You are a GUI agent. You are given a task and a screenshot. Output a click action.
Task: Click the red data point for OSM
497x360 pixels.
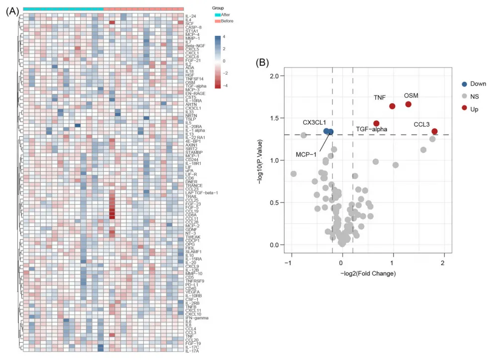click(409, 104)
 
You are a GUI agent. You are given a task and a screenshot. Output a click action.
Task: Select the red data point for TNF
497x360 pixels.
click(392, 106)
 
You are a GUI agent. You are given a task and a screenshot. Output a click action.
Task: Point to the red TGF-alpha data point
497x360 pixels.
click(376, 123)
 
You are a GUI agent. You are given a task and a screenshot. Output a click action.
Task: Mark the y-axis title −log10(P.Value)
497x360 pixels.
click(260, 160)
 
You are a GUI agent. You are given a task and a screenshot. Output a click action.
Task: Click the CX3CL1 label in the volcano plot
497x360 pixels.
click(315, 122)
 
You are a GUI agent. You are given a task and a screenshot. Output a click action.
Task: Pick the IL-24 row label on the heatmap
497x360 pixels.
click(191, 16)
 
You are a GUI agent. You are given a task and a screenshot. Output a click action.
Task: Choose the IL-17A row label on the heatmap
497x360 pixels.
click(192, 351)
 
